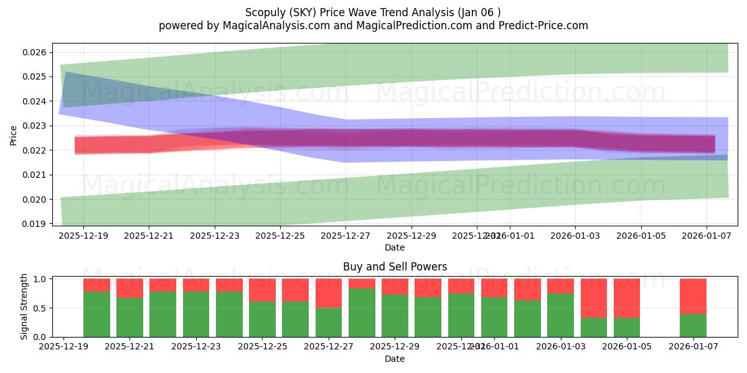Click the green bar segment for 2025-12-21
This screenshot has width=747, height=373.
point(129,317)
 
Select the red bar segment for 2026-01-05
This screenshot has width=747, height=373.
point(627,298)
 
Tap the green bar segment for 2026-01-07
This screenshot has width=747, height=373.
point(693,325)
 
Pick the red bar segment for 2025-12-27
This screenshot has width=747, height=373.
point(329,293)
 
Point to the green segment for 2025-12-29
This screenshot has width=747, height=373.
point(395,315)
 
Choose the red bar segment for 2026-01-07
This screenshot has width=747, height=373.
point(693,296)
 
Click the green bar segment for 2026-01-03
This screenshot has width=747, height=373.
point(560,315)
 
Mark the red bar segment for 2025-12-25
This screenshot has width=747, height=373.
point(262,290)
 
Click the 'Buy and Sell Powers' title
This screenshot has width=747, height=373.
point(395,267)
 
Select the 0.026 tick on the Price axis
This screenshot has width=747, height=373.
point(35,52)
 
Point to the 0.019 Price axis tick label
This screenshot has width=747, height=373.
point(35,224)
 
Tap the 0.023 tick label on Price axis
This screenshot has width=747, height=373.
point(35,126)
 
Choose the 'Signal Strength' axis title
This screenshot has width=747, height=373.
point(24,306)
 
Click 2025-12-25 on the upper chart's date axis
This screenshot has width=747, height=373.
point(280,236)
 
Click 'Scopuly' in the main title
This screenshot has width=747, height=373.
point(266,12)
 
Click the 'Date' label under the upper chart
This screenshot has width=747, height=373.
point(395,247)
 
